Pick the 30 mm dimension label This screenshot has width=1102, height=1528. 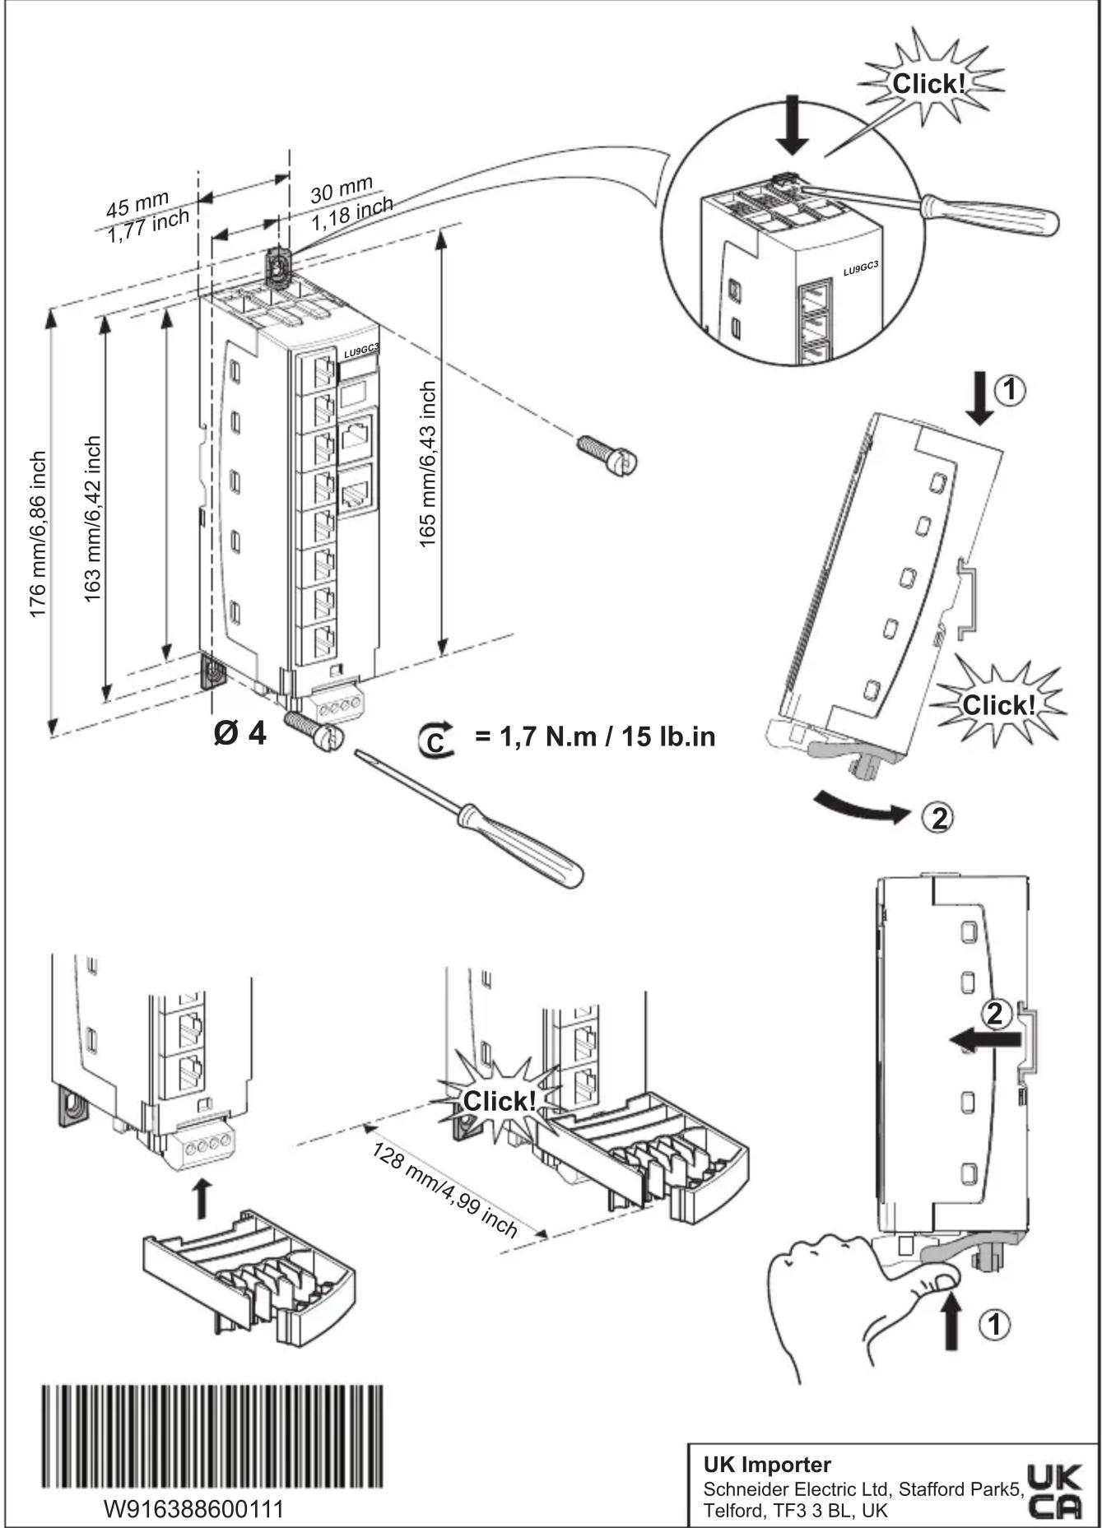[342, 190]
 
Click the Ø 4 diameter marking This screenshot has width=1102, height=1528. [239, 733]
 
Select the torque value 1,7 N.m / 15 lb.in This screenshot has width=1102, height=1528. [594, 736]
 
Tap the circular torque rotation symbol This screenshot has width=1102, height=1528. [435, 739]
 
